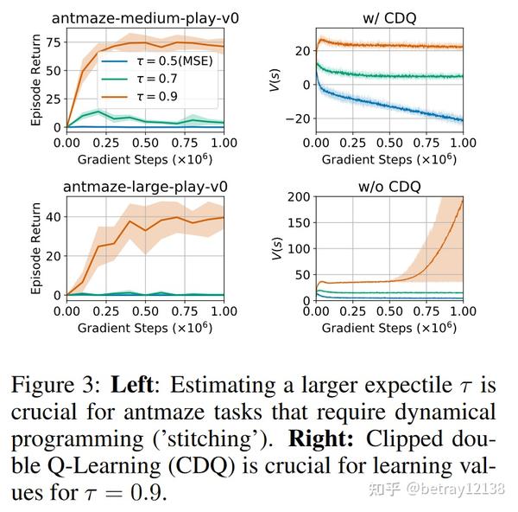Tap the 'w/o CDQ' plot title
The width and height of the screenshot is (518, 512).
[390, 185]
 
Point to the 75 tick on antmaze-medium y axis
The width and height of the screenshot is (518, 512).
[52, 42]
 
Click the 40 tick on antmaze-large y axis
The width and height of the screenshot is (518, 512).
[52, 216]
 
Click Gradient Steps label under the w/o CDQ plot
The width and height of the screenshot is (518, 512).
[390, 328]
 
